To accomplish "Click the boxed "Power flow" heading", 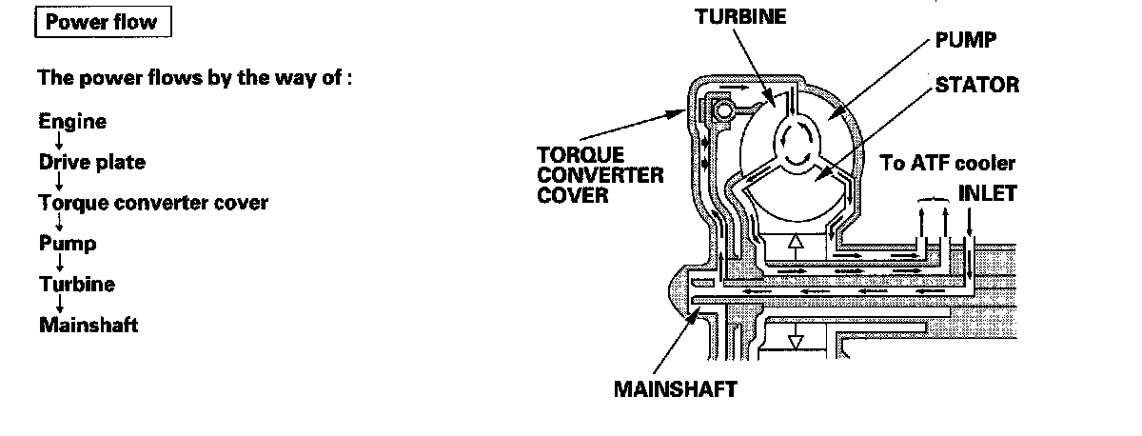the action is pyautogui.click(x=102, y=23).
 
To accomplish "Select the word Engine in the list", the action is pyautogui.click(x=72, y=122).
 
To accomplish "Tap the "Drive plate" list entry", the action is pyautogui.click(x=92, y=163).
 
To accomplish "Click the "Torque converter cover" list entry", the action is pyautogui.click(x=153, y=203).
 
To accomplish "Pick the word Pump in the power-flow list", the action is pyautogui.click(x=68, y=244).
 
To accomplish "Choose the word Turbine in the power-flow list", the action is pyautogui.click(x=77, y=285).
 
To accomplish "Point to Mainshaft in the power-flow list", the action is pyautogui.click(x=89, y=326).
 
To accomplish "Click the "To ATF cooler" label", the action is pyautogui.click(x=948, y=163).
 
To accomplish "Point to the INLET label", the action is pyautogui.click(x=987, y=193).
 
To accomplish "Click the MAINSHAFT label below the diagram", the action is pyautogui.click(x=675, y=389).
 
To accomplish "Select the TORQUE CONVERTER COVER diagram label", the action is pyautogui.click(x=601, y=175).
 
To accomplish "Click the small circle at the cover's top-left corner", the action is pyautogui.click(x=725, y=112).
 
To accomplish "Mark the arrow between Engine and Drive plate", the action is pyautogui.click(x=60, y=143).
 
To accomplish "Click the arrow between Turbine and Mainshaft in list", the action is pyautogui.click(x=60, y=306).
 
